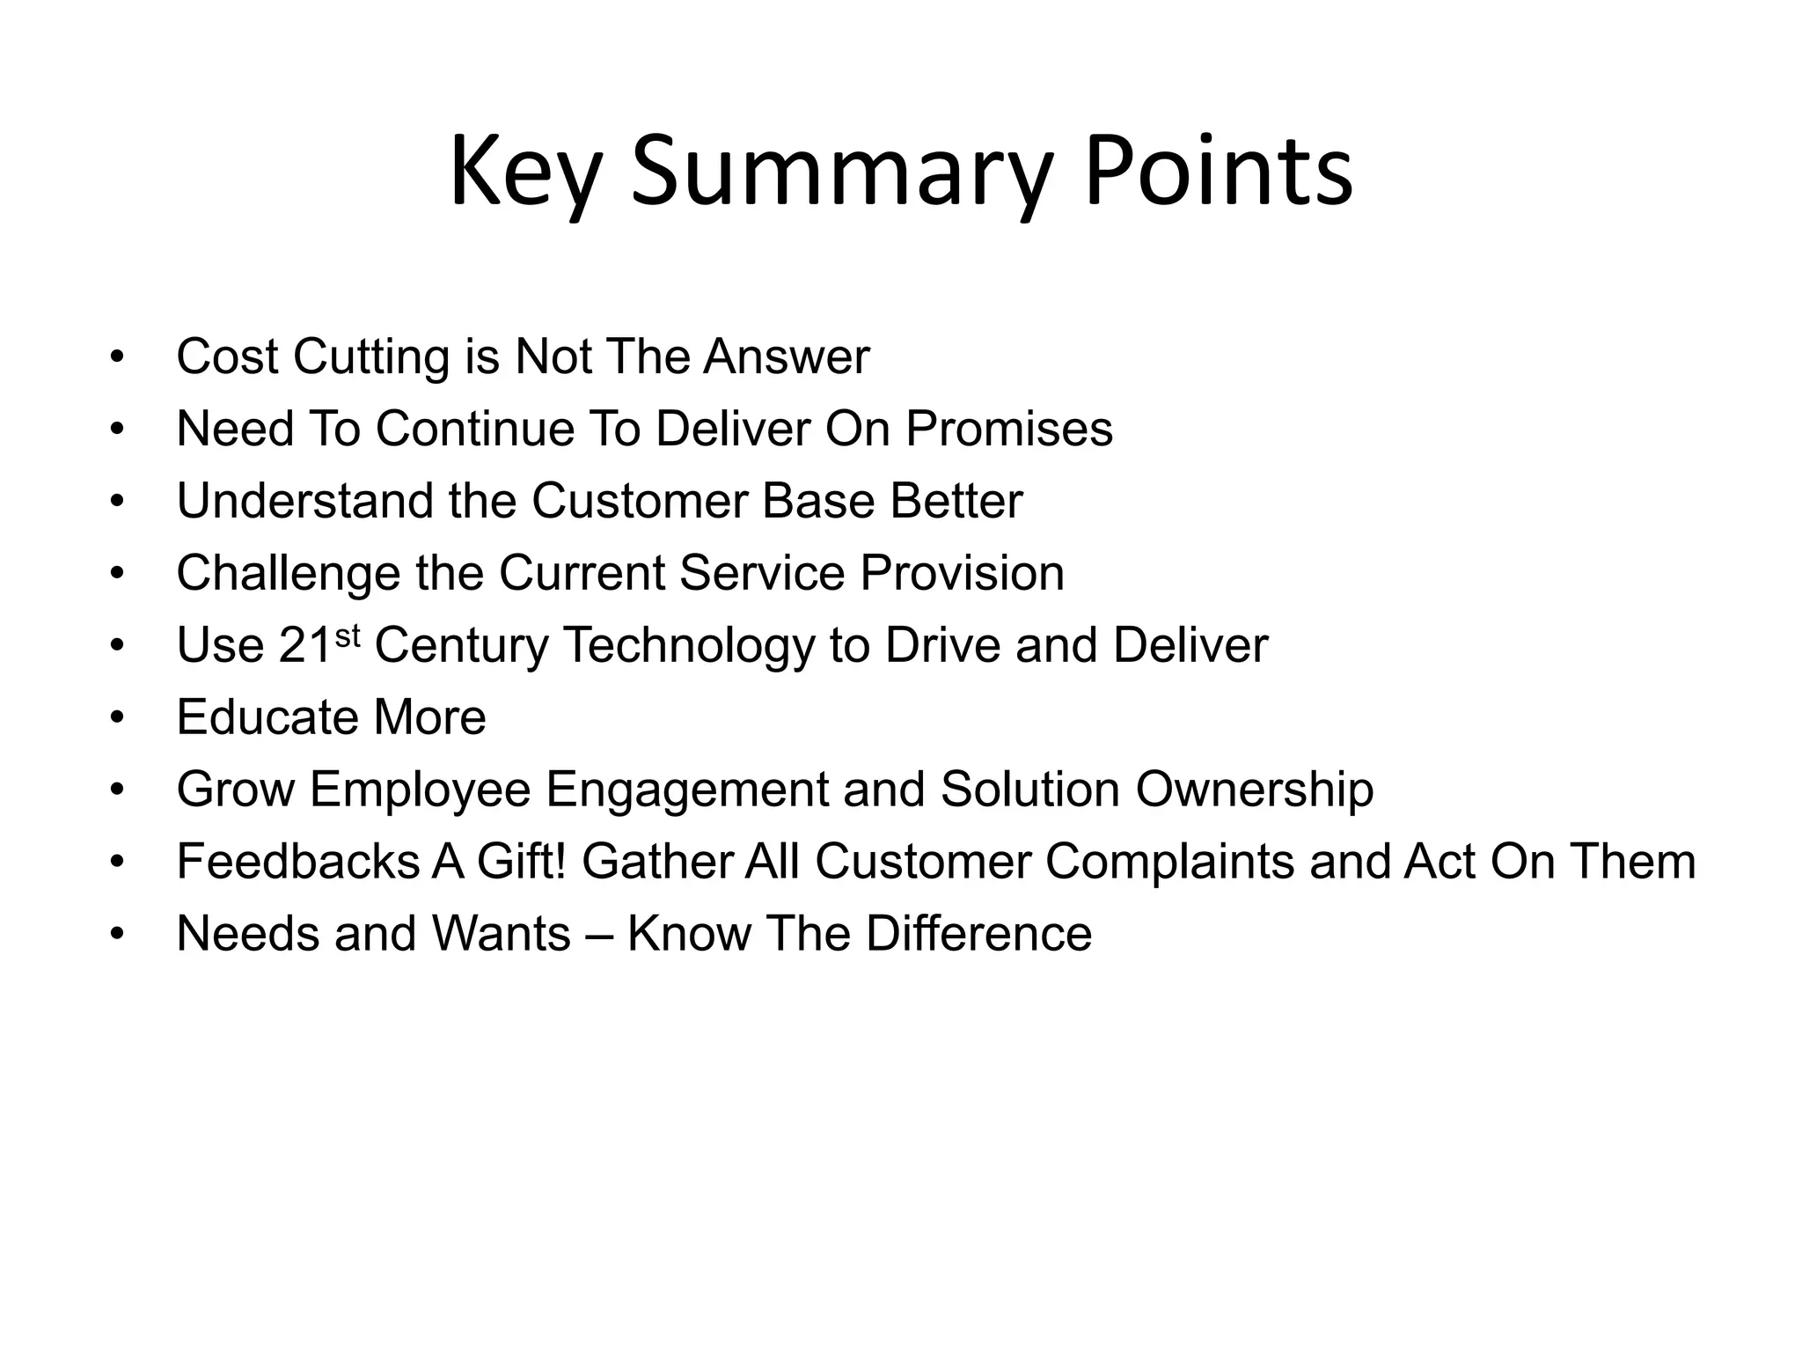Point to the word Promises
[x=1009, y=430]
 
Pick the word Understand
[x=304, y=502]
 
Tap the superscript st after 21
[x=348, y=635]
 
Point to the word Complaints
[x=1169, y=862]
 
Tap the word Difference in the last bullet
[x=978, y=934]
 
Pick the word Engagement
[x=686, y=790]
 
